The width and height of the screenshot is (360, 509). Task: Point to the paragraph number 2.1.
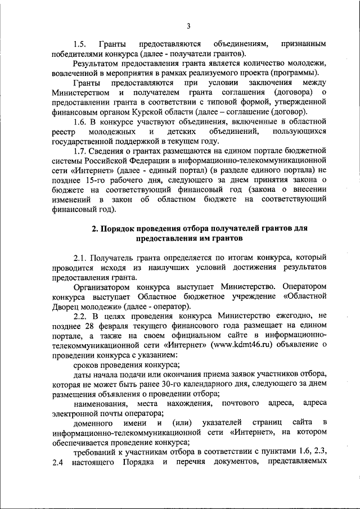80,256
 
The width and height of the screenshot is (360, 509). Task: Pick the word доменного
93,423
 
